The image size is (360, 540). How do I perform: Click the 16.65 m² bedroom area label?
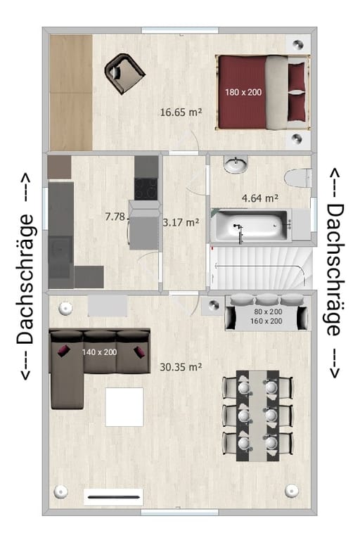point(181,112)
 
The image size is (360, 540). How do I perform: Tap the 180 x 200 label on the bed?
point(243,92)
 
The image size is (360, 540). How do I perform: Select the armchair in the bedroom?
point(124,73)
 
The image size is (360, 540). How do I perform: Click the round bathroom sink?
point(236,164)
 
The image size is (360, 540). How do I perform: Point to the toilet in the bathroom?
point(298,179)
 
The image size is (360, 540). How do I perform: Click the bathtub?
point(251,225)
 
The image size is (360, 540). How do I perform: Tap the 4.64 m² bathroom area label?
point(260,198)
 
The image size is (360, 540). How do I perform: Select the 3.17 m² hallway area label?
point(181,222)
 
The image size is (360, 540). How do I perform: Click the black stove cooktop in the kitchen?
point(146,189)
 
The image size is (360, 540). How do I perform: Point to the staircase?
point(261,268)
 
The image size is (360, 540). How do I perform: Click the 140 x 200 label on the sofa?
point(100,352)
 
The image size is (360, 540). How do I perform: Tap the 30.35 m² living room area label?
point(181,367)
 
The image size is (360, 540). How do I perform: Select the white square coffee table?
point(124,406)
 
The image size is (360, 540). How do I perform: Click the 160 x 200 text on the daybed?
point(266,321)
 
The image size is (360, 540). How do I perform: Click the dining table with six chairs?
point(257,416)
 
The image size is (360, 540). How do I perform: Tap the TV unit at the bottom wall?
point(113,497)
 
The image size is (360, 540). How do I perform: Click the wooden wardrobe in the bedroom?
point(71,92)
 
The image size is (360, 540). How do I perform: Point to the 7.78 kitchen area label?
point(116,217)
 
